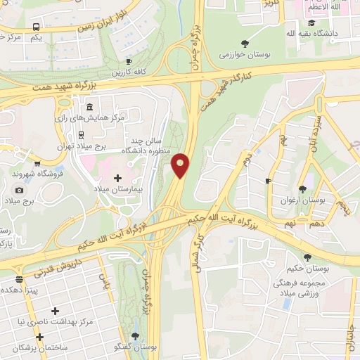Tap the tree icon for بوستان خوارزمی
[244, 43]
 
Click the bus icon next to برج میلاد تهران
[82, 135]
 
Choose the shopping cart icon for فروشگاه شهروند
[6, 172]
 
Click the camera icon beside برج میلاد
[19, 190]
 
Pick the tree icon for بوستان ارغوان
[302, 188]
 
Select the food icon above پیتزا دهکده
[19, 280]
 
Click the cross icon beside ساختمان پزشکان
[40, 337]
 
